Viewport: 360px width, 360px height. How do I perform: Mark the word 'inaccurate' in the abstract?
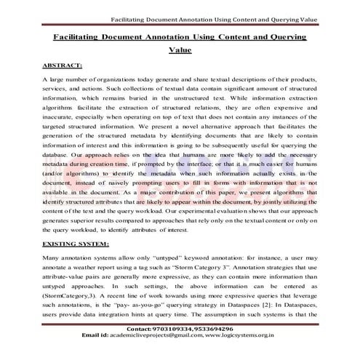click(62, 122)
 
